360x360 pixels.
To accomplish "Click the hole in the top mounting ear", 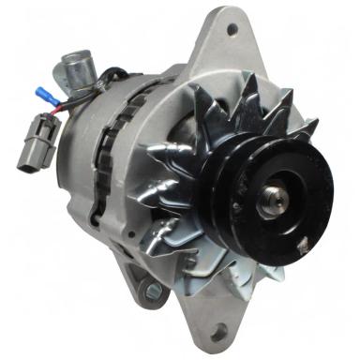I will (232, 30).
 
